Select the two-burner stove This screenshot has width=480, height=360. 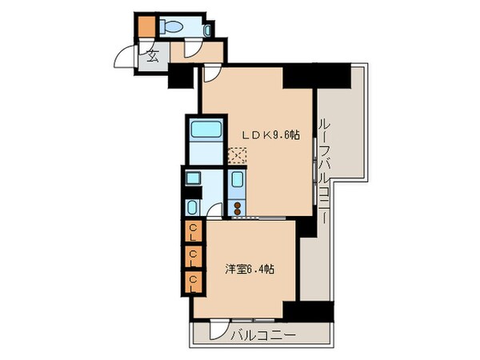click(238, 207)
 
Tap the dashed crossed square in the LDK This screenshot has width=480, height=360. click(238, 156)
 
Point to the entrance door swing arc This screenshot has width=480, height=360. click(126, 59)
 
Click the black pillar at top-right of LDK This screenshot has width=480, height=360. click(318, 78)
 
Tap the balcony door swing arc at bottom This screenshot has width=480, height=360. click(218, 330)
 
